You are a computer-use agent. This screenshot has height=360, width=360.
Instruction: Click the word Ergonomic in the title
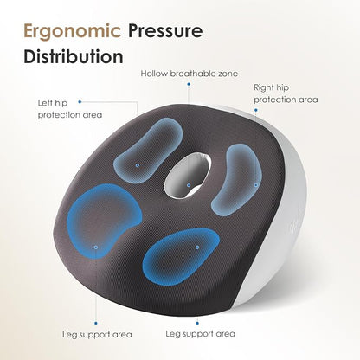[72, 31]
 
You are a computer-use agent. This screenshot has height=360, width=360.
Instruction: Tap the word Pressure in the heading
[165, 30]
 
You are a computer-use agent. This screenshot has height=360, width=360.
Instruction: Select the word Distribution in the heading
[74, 56]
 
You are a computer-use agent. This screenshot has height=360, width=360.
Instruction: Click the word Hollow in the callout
[154, 74]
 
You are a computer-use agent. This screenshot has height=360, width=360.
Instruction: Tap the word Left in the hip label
[46, 103]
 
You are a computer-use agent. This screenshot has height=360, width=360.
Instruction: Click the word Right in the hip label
[263, 88]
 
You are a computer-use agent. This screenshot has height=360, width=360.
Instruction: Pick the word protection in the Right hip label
[274, 100]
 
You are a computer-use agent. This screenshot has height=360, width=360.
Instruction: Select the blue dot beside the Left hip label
[80, 102]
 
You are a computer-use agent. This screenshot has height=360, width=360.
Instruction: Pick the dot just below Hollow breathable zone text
[189, 84]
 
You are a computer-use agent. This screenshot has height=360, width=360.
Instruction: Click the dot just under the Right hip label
[255, 110]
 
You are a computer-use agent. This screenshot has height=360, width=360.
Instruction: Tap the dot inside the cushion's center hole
[189, 185]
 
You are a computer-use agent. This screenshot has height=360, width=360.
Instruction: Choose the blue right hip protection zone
[238, 179]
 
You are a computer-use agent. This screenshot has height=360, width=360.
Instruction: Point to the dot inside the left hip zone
[138, 165]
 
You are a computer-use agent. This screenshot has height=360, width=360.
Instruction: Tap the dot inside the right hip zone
[255, 185]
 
